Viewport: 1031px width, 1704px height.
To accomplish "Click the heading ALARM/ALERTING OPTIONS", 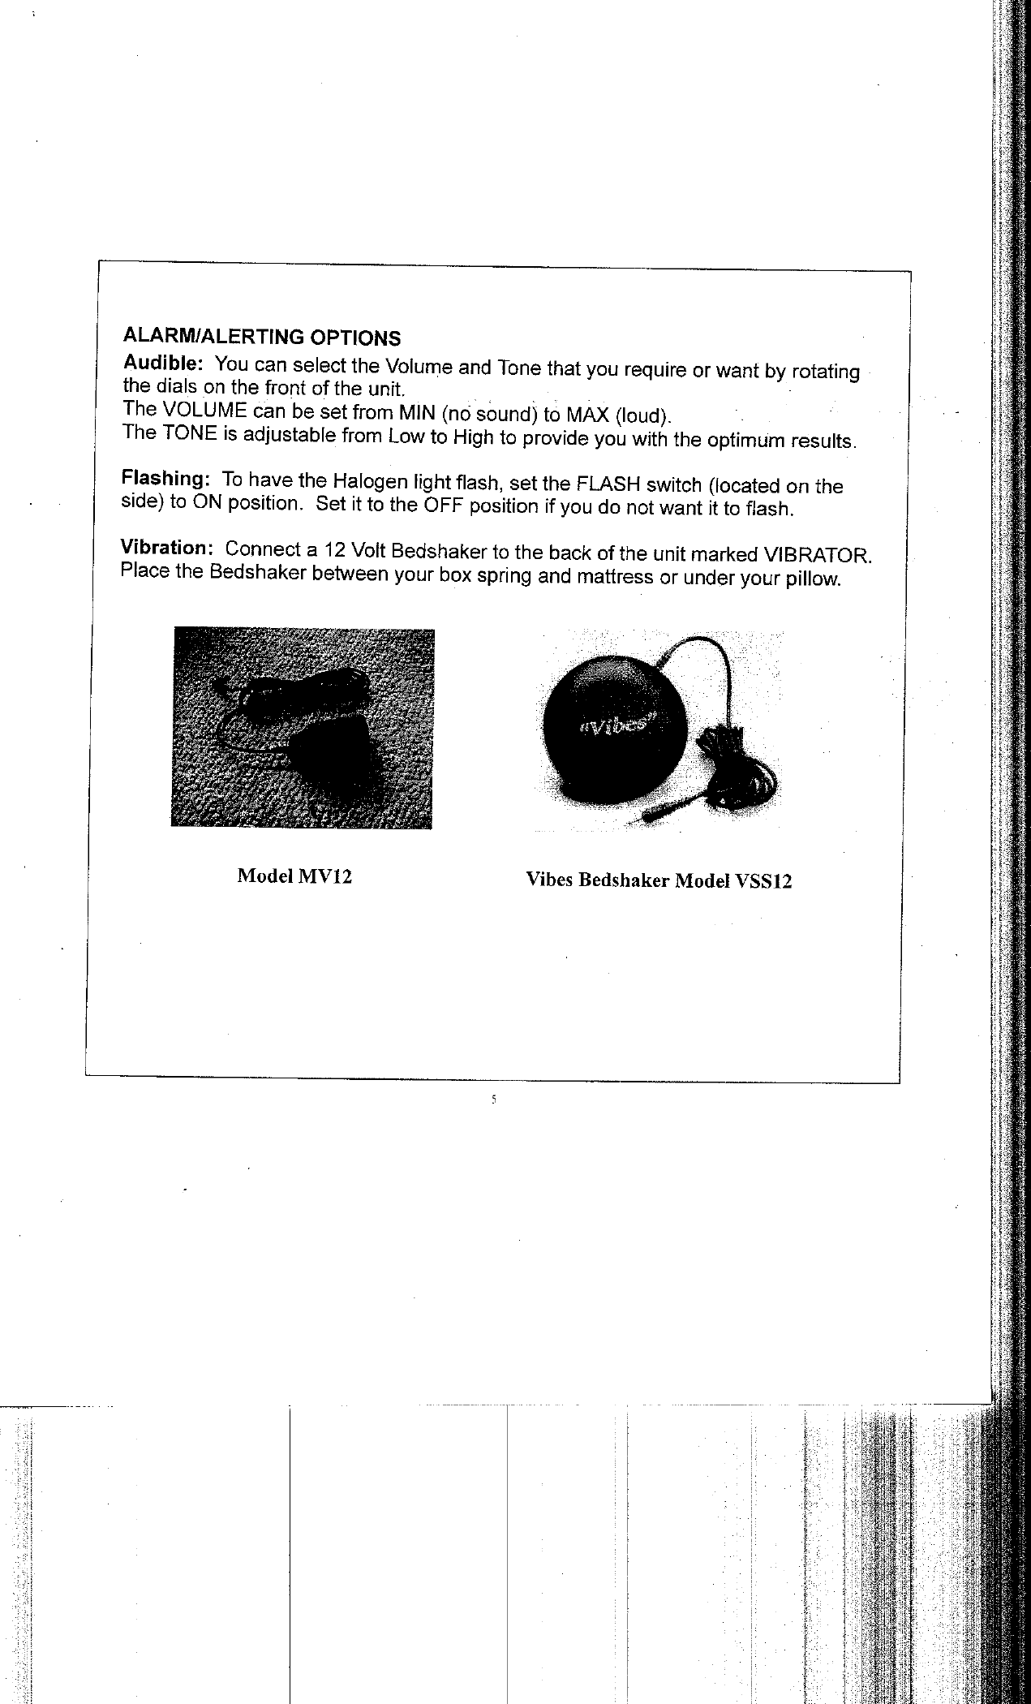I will point(260,336).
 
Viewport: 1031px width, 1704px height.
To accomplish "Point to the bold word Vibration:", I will point(167,547).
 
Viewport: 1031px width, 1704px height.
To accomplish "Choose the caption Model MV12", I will point(294,876).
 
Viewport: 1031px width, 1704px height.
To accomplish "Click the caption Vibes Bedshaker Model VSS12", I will point(658,880).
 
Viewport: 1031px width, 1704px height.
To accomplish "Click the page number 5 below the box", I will point(493,1101).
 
